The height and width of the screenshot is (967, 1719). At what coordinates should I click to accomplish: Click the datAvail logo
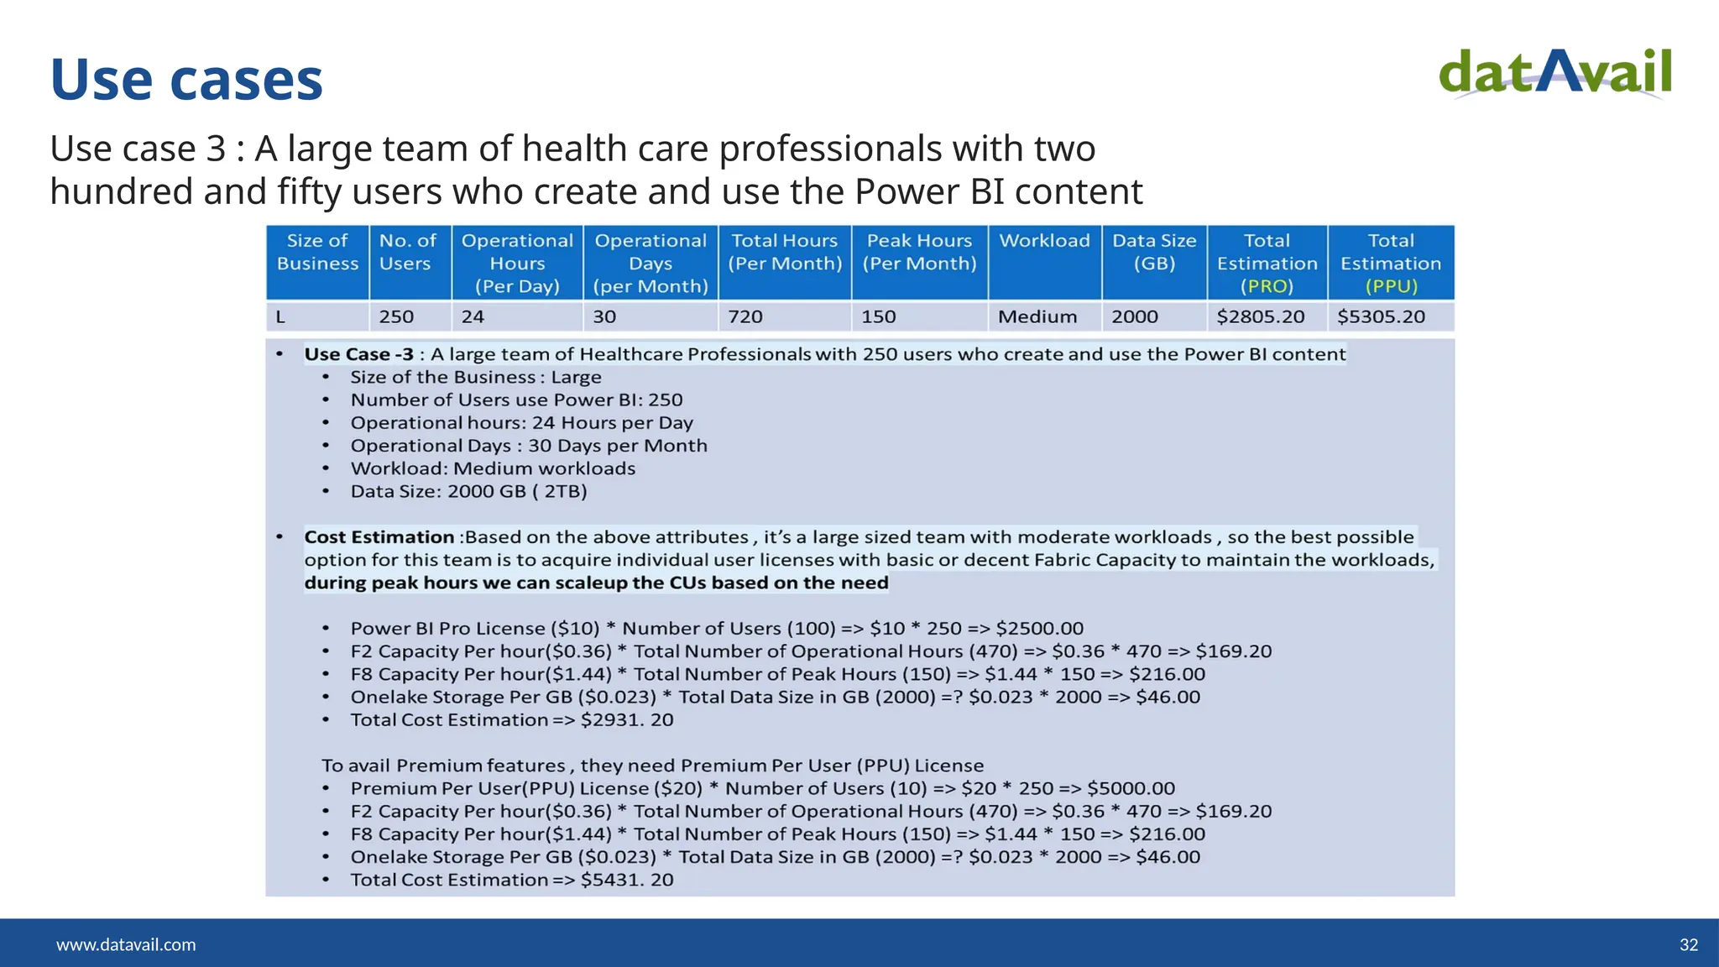click(x=1554, y=74)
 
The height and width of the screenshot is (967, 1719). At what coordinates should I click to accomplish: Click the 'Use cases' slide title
click(x=186, y=80)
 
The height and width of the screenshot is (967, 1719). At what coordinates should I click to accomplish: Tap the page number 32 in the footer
click(x=1688, y=944)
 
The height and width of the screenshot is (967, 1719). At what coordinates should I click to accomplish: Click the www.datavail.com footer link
click(x=126, y=944)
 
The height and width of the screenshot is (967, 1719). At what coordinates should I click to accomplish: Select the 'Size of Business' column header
click(x=317, y=252)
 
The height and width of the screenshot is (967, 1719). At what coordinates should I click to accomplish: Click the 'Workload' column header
click(x=1044, y=242)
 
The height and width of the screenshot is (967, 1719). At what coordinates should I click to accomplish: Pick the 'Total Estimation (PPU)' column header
click(x=1390, y=263)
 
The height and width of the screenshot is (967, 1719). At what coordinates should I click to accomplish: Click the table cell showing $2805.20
click(x=1260, y=316)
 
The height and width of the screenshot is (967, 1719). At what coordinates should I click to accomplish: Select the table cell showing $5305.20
click(x=1381, y=316)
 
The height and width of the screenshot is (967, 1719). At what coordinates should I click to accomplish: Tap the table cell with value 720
click(x=745, y=316)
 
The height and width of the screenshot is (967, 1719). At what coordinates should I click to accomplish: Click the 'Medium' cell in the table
click(x=1037, y=316)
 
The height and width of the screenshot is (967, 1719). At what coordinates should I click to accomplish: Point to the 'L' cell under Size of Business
click(x=280, y=316)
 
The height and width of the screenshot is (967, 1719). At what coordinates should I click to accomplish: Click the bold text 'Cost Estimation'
click(x=379, y=537)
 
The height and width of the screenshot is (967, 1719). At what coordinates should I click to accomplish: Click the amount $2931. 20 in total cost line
click(x=626, y=720)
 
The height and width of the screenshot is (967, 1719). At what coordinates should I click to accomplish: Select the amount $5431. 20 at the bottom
click(x=626, y=880)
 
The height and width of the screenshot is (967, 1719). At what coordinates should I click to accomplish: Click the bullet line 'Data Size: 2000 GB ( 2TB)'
click(x=468, y=492)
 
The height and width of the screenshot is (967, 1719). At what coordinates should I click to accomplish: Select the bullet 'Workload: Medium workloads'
click(x=493, y=468)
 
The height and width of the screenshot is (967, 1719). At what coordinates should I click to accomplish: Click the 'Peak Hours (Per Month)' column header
click(x=919, y=252)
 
